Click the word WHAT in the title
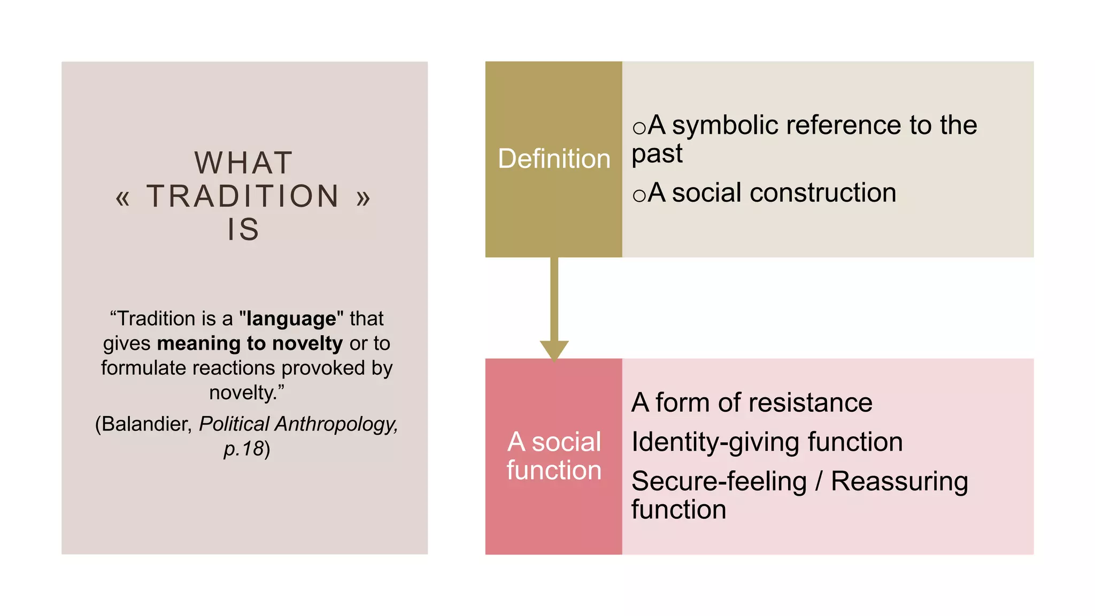(x=244, y=163)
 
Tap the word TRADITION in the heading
(x=243, y=196)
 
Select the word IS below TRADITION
(x=243, y=229)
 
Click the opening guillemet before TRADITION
(x=122, y=198)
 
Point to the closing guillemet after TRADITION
(x=364, y=198)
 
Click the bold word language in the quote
(x=291, y=319)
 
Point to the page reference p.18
(x=244, y=449)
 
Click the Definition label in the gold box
(x=554, y=159)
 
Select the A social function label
(x=554, y=456)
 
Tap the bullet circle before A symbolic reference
(x=639, y=128)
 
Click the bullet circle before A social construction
(x=639, y=195)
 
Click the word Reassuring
(x=899, y=482)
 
